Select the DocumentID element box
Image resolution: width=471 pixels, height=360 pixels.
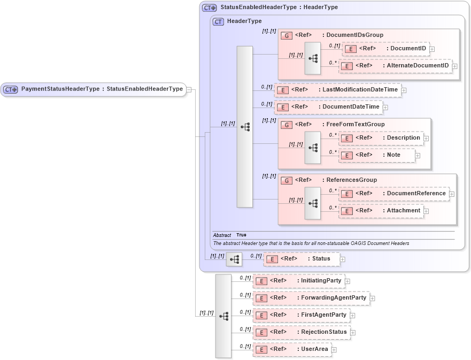385,49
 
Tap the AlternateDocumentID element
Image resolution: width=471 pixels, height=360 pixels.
395,66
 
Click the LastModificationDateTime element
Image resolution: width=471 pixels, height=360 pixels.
337,90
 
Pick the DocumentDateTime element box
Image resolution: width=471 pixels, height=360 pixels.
328,107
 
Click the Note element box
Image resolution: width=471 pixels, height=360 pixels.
376,155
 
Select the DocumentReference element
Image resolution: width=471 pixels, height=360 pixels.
394,194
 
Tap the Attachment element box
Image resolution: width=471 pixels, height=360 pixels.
381,211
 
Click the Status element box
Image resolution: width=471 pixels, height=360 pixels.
301,259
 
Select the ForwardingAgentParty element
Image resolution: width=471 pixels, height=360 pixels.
311,298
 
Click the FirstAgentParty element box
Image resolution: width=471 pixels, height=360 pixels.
300,315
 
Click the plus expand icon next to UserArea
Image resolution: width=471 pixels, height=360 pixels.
335,350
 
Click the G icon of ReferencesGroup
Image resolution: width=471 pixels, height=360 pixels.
287,180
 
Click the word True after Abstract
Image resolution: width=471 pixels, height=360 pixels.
242,235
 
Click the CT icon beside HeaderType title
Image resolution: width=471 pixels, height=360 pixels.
218,21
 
